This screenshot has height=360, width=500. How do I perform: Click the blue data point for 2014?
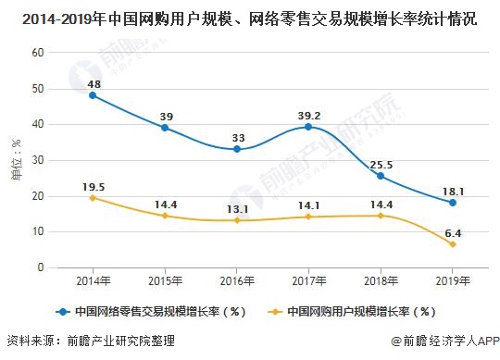94,95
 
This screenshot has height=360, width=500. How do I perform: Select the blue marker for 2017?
308,127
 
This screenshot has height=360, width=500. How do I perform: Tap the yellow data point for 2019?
452,244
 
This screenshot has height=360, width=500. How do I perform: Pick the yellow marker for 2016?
237,220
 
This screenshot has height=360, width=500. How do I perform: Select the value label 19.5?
94,184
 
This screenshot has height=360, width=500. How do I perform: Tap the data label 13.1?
237,207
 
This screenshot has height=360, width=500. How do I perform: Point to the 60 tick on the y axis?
38,52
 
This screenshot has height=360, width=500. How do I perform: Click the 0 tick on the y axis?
41,267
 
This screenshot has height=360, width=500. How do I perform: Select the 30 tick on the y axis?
38,160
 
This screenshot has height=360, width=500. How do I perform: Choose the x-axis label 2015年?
165,280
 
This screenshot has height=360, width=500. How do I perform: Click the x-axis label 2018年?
381,280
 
